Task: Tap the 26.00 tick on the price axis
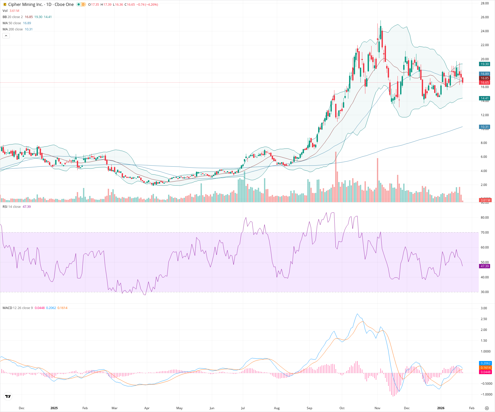pos(485,17)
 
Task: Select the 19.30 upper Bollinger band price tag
pos(485,64)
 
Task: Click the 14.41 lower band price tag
pos(485,98)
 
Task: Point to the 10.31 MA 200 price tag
pos(485,127)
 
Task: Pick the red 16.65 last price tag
pos(485,83)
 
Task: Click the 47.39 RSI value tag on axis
pos(485,266)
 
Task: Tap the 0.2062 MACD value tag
pos(485,363)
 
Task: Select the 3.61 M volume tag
pos(485,200)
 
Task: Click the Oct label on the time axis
pos(342,408)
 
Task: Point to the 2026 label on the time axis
pos(441,408)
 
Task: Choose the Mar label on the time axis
pos(114,408)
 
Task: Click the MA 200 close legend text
pos(13,29)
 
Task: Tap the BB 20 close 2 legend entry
pos(13,17)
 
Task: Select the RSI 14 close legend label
pos(12,207)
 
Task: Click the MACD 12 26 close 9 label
pos(18,308)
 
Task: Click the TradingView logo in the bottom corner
pos(8,397)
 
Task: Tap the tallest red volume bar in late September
pos(336,178)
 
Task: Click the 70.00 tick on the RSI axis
pos(485,233)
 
